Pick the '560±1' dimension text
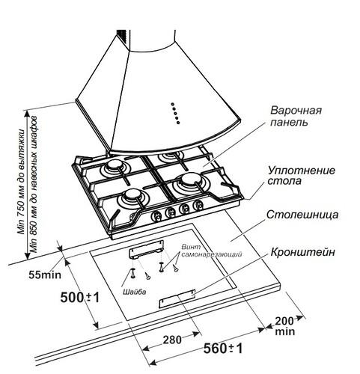click(223, 349)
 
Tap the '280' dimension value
click(172, 339)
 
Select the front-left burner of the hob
click(132, 197)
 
